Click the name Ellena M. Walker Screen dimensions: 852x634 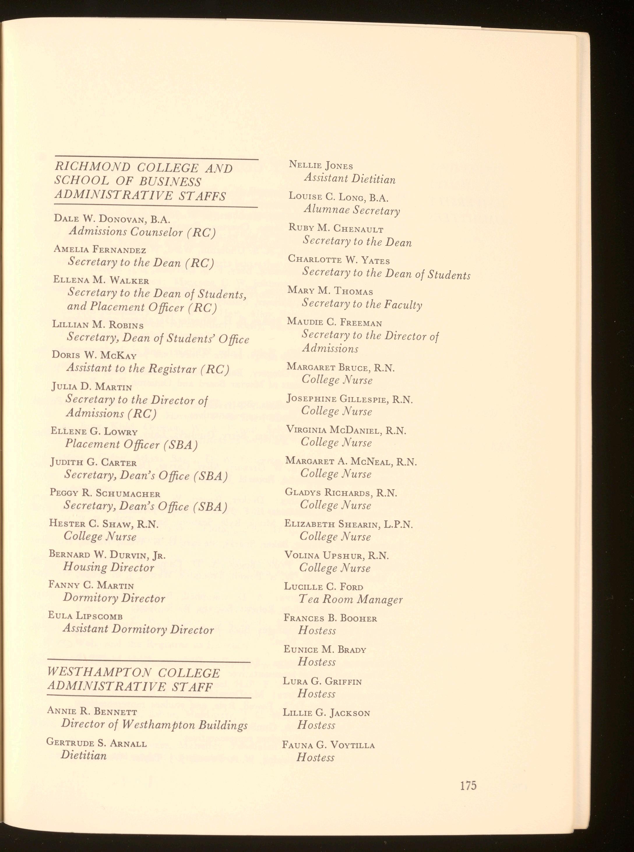point(101,281)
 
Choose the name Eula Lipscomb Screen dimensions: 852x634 point(85,616)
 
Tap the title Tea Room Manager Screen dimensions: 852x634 point(351,599)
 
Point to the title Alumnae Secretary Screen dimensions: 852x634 point(352,210)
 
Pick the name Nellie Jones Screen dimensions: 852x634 point(321,166)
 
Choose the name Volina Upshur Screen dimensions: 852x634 point(324,555)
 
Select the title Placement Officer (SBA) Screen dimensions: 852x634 point(131,444)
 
